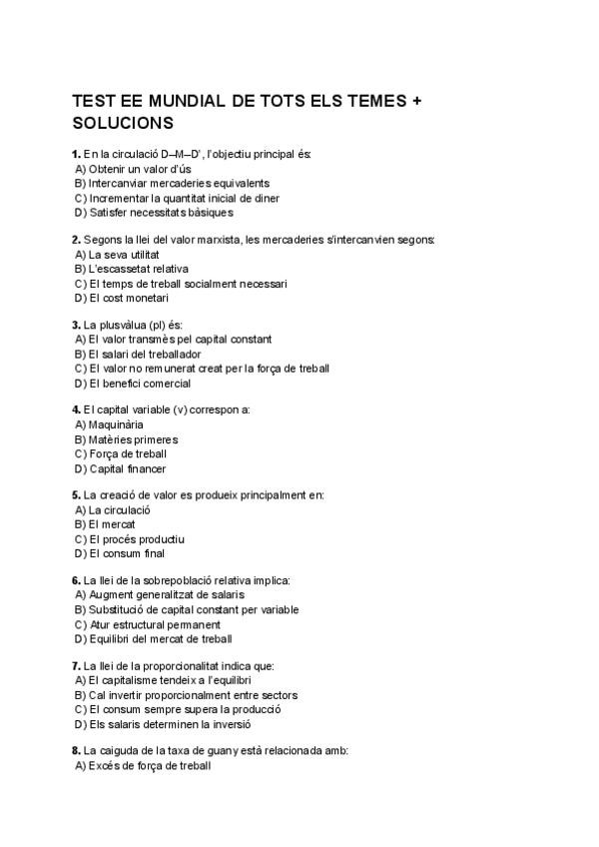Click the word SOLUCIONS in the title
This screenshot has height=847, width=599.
(x=123, y=124)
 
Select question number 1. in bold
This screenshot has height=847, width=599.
(x=76, y=155)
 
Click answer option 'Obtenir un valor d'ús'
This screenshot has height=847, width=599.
(x=139, y=170)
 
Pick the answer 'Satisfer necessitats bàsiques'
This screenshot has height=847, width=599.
(x=160, y=212)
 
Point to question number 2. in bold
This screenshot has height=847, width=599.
(x=76, y=241)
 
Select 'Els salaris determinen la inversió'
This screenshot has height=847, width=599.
(x=169, y=724)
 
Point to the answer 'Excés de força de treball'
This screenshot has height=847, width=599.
(x=150, y=766)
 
